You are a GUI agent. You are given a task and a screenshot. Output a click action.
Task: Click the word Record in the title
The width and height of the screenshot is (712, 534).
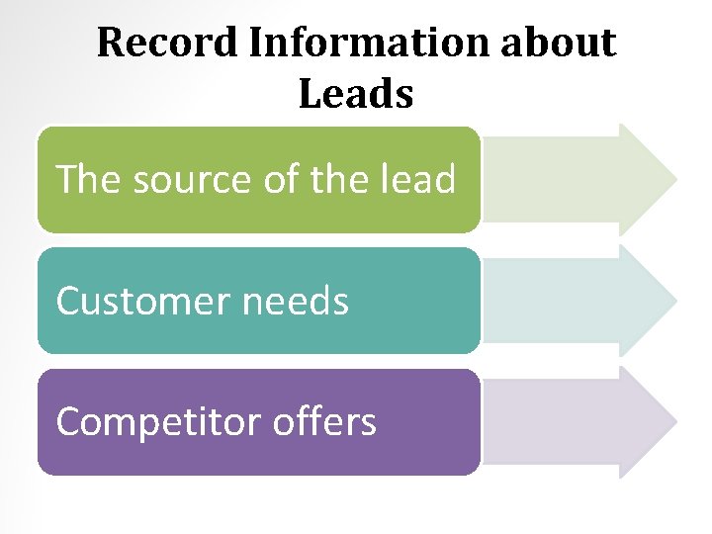(166, 43)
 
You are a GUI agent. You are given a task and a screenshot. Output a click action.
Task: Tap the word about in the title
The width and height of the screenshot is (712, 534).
(564, 43)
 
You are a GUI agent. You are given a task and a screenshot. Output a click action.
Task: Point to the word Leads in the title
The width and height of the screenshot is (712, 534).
(355, 94)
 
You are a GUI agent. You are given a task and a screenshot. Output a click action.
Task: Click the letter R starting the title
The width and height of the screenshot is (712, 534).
(110, 43)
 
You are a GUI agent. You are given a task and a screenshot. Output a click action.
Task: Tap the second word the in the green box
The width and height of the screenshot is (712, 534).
(336, 180)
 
